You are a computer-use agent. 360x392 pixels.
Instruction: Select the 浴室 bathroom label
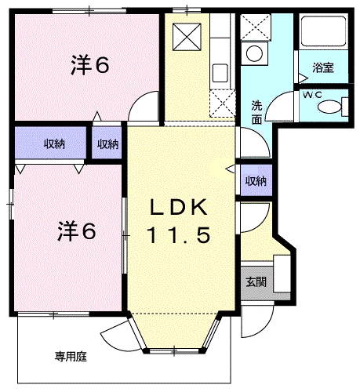click(323, 68)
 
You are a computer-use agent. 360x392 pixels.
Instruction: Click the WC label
click(311, 95)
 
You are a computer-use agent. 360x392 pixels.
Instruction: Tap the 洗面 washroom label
click(257, 113)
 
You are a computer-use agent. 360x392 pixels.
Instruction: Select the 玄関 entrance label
click(256, 282)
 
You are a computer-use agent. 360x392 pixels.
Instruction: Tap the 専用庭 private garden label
click(71, 357)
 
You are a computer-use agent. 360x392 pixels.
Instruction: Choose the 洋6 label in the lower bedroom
click(75, 231)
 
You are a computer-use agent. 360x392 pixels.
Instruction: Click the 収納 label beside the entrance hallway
click(256, 180)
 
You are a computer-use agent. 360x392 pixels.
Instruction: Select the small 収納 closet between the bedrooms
click(108, 143)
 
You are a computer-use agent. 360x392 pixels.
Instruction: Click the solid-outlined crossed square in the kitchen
click(188, 34)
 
